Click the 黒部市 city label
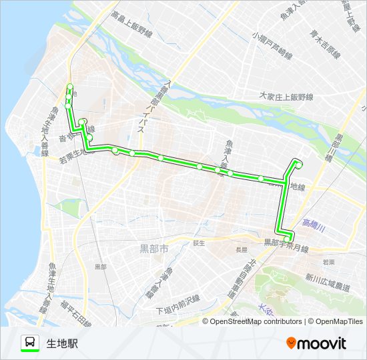[x=154, y=249]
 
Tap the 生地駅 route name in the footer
[x=62, y=343]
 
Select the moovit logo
[x=316, y=343]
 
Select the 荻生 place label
[x=199, y=243]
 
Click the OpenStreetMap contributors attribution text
[x=252, y=321]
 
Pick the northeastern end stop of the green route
[x=298, y=163]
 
